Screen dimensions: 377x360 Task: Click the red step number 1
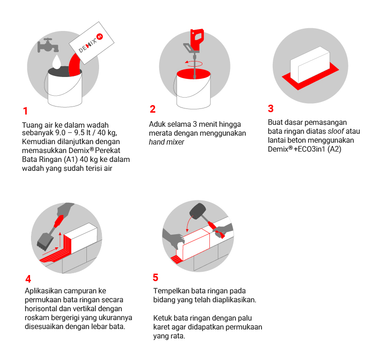coord(25,111)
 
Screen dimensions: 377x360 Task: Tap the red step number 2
coord(153,109)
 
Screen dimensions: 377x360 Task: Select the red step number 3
coord(271,108)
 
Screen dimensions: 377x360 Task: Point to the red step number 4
coord(28,279)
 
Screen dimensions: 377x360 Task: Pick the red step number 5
coord(155,277)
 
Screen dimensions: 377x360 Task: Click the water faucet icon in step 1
coord(48,45)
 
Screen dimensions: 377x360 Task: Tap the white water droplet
coord(57,62)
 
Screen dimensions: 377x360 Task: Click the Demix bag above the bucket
coord(92,43)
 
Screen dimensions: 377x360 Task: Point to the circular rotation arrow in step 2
coord(194,64)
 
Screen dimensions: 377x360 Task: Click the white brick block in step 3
coord(310,64)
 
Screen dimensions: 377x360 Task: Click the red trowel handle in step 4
coord(59,221)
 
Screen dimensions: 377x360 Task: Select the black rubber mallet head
coord(198,211)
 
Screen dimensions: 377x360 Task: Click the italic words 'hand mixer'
coord(166,142)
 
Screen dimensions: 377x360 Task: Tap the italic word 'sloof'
coord(336,131)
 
